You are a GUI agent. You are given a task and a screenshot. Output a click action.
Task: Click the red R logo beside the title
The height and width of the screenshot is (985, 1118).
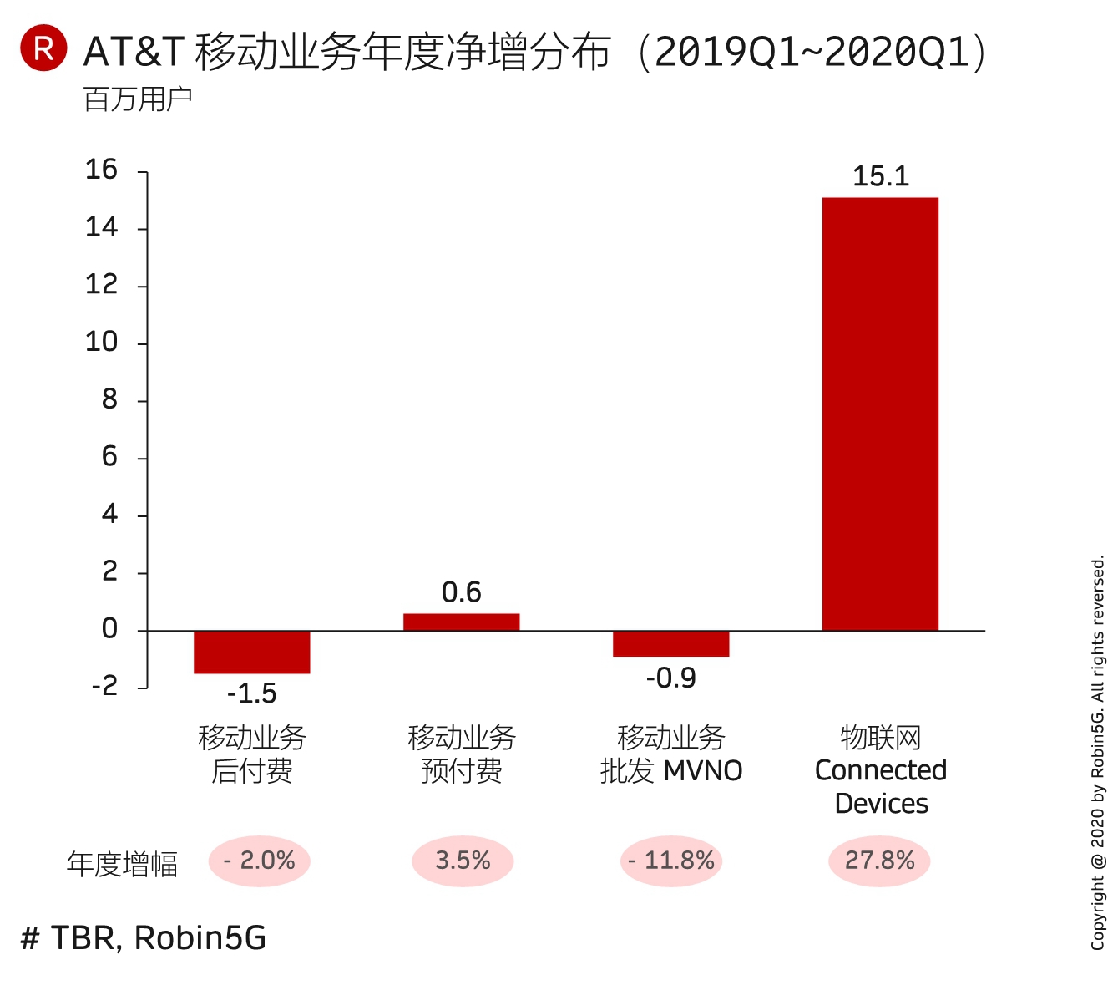43,48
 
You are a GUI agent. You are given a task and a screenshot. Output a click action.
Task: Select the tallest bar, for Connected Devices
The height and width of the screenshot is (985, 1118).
880,414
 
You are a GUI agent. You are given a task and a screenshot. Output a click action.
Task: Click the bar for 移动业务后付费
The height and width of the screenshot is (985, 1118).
251,652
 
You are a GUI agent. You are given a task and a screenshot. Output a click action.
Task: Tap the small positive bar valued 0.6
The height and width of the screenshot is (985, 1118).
461,622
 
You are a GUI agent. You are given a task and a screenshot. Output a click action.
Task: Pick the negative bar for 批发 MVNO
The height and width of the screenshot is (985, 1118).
670,643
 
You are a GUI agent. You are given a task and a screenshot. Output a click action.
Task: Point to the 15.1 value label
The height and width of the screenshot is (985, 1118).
880,176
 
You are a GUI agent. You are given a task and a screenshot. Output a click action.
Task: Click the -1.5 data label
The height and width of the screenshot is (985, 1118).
251,693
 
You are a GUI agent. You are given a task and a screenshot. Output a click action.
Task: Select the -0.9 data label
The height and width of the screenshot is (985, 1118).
670,678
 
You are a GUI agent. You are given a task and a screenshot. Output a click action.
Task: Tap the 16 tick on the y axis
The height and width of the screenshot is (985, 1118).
101,170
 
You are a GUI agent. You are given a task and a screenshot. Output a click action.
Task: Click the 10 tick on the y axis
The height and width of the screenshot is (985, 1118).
101,342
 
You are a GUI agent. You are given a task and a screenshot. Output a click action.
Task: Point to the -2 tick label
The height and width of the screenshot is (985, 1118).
104,686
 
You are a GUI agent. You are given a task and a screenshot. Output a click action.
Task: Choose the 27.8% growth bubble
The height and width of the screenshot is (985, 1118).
879,861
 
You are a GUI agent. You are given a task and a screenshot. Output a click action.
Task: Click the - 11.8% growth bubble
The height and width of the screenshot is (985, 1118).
670,861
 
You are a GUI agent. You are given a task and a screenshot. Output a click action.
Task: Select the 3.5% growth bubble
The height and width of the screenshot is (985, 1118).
462,861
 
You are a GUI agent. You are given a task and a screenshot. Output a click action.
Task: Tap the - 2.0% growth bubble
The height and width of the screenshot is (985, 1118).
259,861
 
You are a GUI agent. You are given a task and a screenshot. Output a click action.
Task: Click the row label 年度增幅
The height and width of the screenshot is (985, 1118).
122,864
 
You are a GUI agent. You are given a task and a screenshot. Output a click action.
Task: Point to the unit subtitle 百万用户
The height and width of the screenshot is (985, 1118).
138,99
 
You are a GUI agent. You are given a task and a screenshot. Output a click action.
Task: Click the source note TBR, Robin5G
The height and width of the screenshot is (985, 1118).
144,938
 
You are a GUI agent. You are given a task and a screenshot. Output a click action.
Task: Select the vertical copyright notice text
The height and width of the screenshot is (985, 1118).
1098,752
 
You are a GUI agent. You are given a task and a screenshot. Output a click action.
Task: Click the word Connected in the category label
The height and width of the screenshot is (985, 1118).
880,770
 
